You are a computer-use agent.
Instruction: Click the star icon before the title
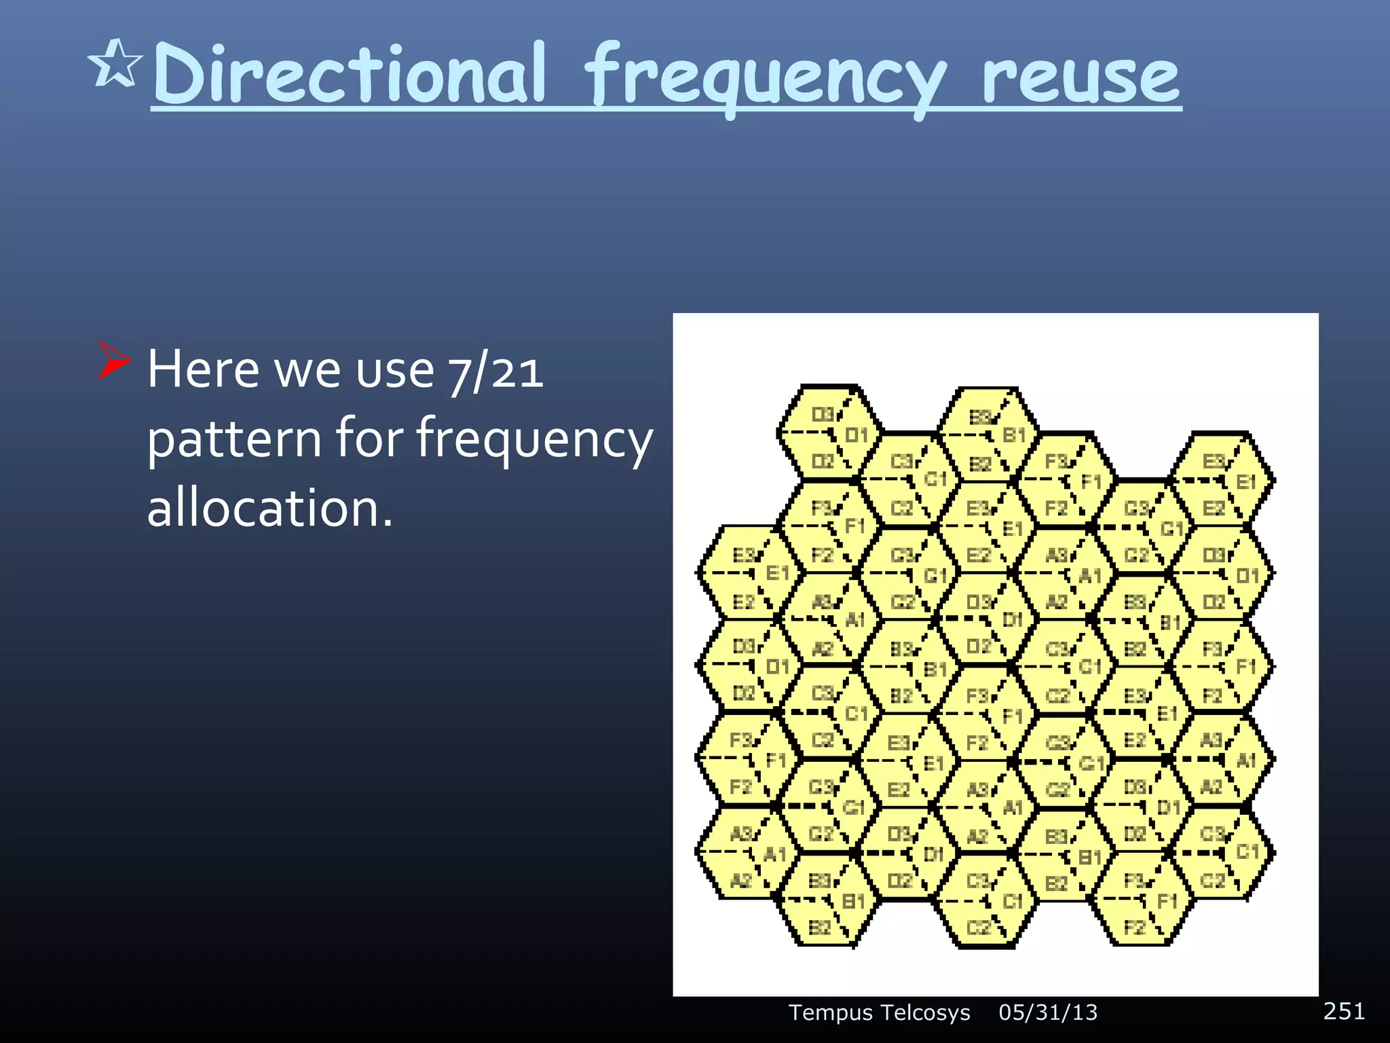115,65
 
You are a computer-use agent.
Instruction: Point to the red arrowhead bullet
113,360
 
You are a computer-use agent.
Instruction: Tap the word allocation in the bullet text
269,508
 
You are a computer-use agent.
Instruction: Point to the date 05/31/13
1047,1012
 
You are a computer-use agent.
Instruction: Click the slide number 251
1343,1010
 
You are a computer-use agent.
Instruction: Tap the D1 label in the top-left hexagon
857,435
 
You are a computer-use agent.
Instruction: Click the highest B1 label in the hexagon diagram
1014,435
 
